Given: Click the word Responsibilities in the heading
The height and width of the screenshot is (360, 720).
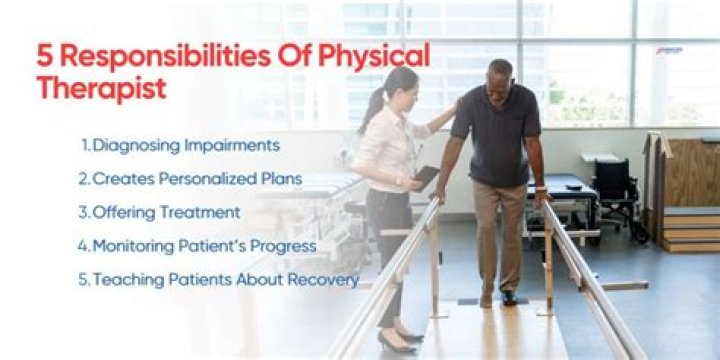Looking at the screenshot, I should coord(152,55).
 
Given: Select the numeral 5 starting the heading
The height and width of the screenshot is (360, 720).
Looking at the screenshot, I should coord(45,55).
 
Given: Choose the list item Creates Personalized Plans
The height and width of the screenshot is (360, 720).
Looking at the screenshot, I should coord(190,179).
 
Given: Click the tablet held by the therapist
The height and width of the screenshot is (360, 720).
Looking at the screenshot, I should coord(427,177).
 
